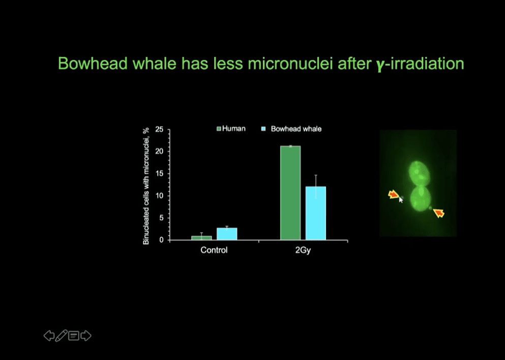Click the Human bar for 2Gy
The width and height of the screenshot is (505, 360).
pyautogui.click(x=290, y=193)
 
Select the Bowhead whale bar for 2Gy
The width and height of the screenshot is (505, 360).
pyautogui.click(x=316, y=213)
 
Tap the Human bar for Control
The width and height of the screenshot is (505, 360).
pyautogui.click(x=201, y=238)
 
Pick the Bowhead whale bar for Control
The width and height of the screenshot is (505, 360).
pyautogui.click(x=227, y=234)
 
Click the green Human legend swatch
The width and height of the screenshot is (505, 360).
pyautogui.click(x=219, y=129)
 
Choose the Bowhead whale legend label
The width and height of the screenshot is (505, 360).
pyautogui.click(x=296, y=129)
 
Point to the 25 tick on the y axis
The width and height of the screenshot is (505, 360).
pyautogui.click(x=159, y=130)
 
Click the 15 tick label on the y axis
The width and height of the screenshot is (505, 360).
pyautogui.click(x=159, y=173)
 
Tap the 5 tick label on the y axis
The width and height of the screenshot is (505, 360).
pyautogui.click(x=161, y=218)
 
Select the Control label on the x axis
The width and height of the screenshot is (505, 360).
pyautogui.click(x=214, y=250)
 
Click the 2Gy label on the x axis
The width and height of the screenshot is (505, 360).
pyautogui.click(x=303, y=250)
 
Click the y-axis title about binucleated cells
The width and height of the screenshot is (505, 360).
pyautogui.click(x=146, y=186)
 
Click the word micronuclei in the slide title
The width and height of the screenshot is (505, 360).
pyautogui.click(x=290, y=64)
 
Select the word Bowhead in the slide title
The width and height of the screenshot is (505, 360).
pyautogui.click(x=93, y=64)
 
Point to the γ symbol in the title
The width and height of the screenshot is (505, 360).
pyautogui.click(x=380, y=65)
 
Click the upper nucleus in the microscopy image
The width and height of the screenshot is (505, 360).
pyautogui.click(x=420, y=173)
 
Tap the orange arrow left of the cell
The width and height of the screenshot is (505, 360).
pyautogui.click(x=394, y=194)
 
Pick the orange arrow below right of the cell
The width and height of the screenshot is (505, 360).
pyautogui.click(x=439, y=213)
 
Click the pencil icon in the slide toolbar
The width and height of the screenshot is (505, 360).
pyautogui.click(x=61, y=336)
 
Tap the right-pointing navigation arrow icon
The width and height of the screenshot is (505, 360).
pyautogui.click(x=86, y=336)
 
